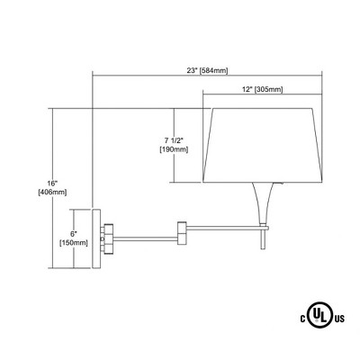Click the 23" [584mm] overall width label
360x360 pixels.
207,71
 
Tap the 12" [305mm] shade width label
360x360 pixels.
263,89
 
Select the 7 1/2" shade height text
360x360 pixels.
174,140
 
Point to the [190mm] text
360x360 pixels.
174,149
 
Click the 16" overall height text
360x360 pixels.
52,183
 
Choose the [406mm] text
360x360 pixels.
52,193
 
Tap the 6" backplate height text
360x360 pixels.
74,233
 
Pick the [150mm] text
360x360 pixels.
74,243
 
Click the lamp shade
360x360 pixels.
263,145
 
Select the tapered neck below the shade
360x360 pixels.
263,203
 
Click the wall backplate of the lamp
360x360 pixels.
96,238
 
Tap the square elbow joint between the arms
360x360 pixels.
182,233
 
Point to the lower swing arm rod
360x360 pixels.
145,238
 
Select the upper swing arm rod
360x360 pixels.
227,228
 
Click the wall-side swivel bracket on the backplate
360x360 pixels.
107,238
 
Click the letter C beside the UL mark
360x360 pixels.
303,319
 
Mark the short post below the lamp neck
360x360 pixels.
263,239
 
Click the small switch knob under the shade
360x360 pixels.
283,184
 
